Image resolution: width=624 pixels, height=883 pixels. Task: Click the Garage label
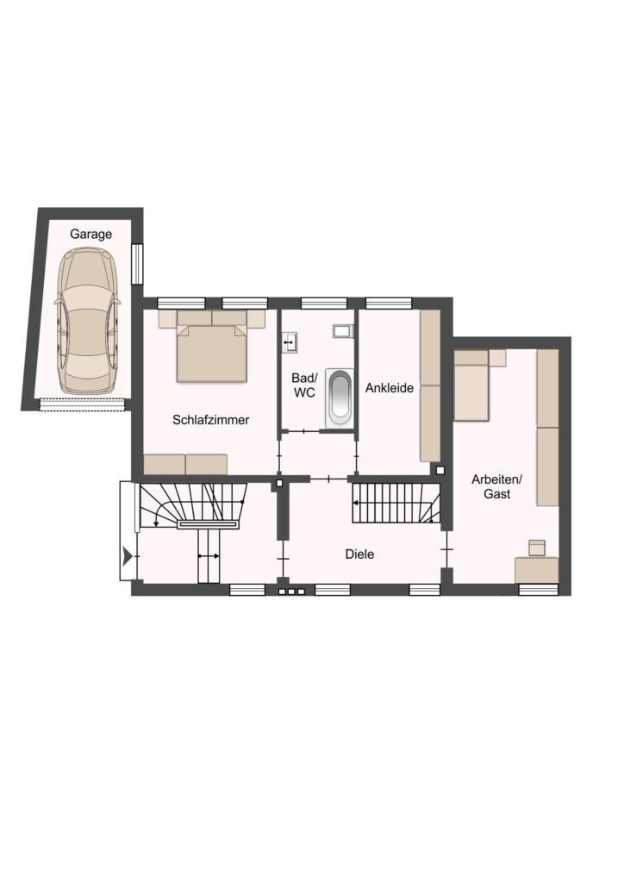pyautogui.click(x=90, y=234)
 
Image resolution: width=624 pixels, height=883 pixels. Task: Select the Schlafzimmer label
pyautogui.click(x=211, y=420)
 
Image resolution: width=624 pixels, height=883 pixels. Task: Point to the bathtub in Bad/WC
pyautogui.click(x=340, y=397)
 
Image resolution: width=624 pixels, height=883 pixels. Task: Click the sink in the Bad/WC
pyautogui.click(x=290, y=341)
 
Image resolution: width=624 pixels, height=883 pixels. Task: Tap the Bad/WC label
pyautogui.click(x=304, y=385)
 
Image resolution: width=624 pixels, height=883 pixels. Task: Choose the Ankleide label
pyautogui.click(x=390, y=387)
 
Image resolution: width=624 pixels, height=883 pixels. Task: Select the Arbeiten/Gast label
pyautogui.click(x=496, y=486)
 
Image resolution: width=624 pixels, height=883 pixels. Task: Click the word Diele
pyautogui.click(x=359, y=554)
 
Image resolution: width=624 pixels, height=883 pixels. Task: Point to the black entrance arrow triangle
pyautogui.click(x=128, y=557)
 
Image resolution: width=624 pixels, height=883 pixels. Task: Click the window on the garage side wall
pyautogui.click(x=137, y=264)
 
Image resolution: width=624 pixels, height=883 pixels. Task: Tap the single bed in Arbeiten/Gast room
pyautogui.click(x=471, y=385)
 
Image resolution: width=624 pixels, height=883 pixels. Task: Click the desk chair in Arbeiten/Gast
pyautogui.click(x=537, y=548)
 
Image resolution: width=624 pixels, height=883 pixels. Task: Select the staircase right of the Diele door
pyautogui.click(x=396, y=503)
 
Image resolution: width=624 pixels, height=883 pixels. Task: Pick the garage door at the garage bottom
pyautogui.click(x=82, y=404)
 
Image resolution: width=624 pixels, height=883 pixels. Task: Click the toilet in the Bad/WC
pyautogui.click(x=343, y=330)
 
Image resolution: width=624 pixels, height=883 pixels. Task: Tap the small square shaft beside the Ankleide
pyautogui.click(x=440, y=470)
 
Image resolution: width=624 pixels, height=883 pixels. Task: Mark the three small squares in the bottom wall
pyautogui.click(x=291, y=592)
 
